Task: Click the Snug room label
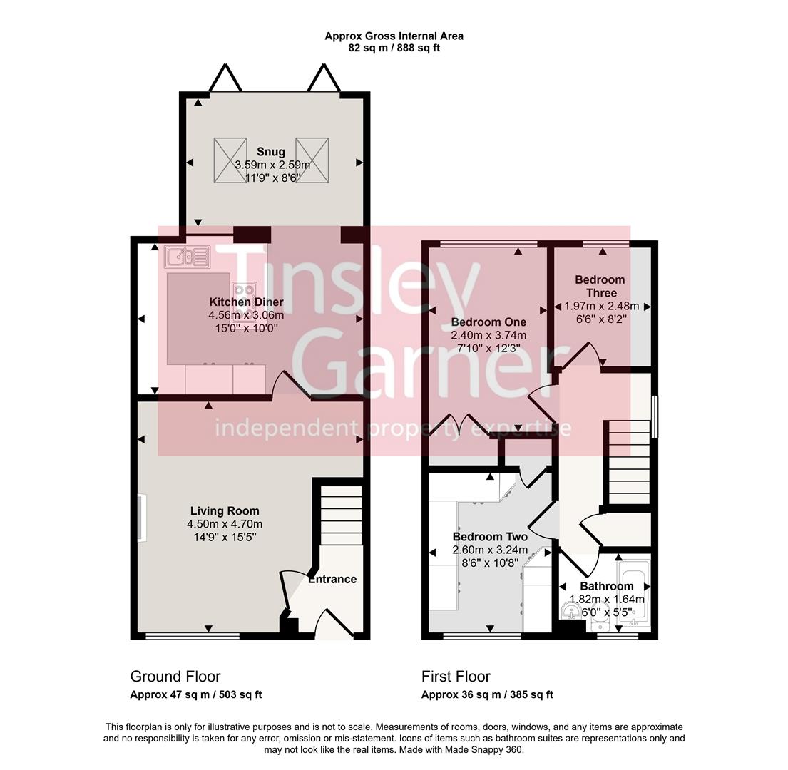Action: (271, 152)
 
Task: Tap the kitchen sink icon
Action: (187, 257)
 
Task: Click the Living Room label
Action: (225, 511)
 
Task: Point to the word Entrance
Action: (332, 579)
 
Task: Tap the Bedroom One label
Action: (488, 322)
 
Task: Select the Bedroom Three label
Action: (600, 287)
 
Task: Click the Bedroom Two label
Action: (490, 537)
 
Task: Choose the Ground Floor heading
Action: (175, 676)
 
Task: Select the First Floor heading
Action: (456, 676)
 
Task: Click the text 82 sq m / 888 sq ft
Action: (394, 48)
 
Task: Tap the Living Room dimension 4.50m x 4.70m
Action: (225, 524)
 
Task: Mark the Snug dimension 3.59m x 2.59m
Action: (272, 165)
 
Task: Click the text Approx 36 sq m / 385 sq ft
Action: (487, 694)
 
